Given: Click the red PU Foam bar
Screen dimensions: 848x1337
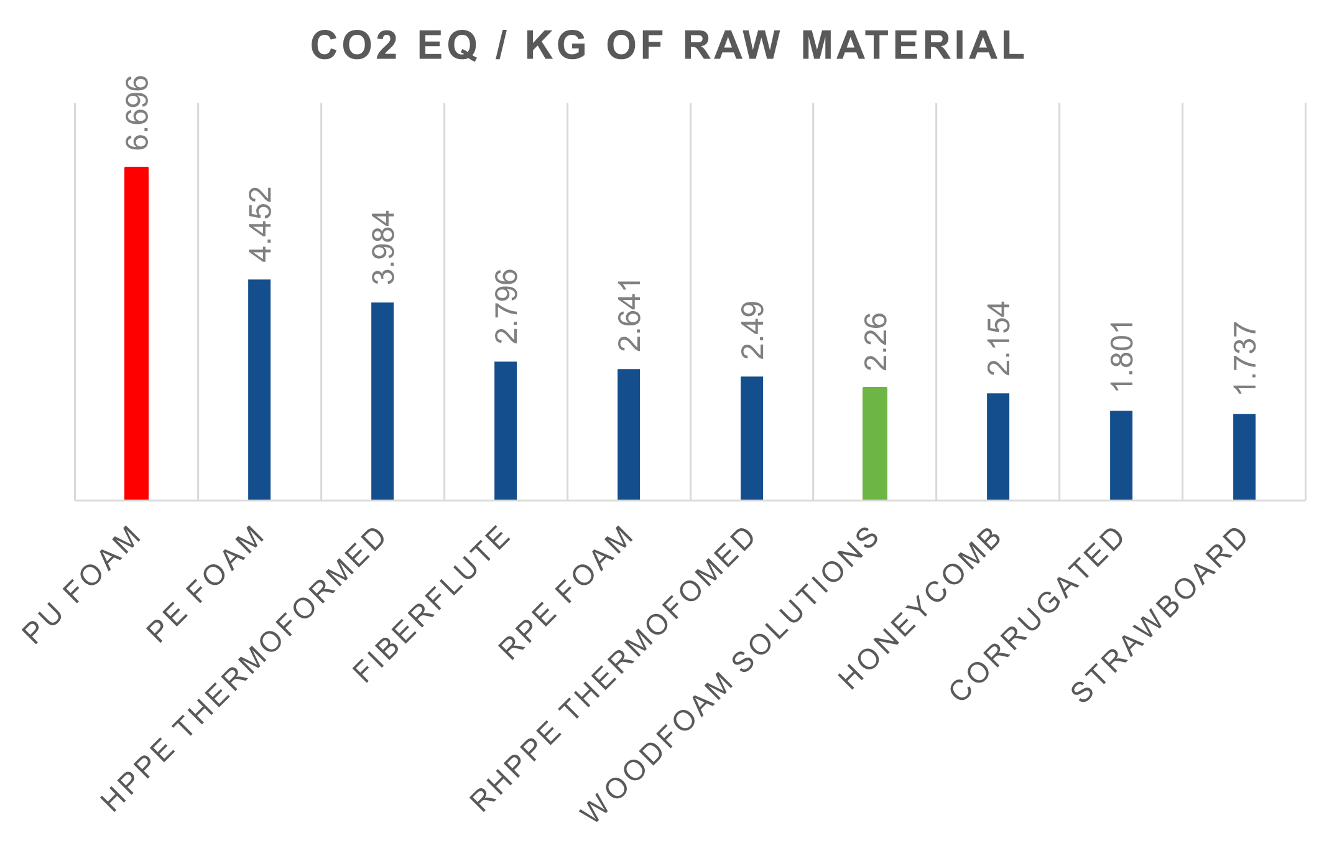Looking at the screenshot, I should (137, 333).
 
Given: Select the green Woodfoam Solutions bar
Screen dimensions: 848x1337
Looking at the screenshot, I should (875, 443).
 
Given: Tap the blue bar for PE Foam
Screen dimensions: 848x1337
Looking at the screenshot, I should (259, 389).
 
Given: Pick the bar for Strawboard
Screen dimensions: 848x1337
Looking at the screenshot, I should (1244, 457).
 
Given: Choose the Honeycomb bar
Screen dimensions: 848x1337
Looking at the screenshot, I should (998, 446).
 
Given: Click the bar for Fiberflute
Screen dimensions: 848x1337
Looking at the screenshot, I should (506, 431).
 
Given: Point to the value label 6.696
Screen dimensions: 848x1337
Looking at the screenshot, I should (137, 113).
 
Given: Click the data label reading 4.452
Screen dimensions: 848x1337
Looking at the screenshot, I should (260, 225).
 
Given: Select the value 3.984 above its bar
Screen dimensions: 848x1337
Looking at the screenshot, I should (383, 248).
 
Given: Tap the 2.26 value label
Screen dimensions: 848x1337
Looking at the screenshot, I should (876, 342).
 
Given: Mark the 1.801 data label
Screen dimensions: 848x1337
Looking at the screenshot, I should (1122, 356).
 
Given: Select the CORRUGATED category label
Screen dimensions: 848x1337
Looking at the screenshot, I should (1037, 613).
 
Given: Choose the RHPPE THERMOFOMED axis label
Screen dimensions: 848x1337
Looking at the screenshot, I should (613, 669).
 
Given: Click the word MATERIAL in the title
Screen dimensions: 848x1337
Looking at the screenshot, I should (913, 46).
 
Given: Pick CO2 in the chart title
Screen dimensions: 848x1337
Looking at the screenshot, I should (354, 46).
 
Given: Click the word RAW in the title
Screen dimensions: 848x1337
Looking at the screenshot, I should (731, 46).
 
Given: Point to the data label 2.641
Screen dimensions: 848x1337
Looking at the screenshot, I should (629, 315).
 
